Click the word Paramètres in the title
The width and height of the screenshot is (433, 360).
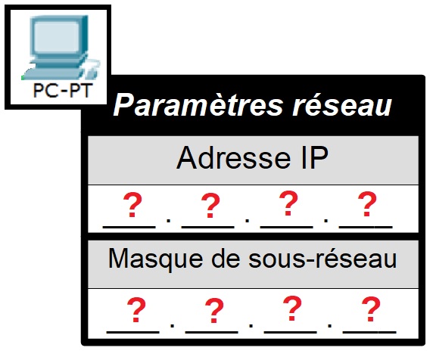click(198, 105)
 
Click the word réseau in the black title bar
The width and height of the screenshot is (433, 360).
click(342, 105)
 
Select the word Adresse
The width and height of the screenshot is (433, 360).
click(234, 158)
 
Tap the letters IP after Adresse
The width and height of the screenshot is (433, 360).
click(314, 157)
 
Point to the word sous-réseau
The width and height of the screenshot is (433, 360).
click(322, 258)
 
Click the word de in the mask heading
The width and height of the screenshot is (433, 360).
click(226, 258)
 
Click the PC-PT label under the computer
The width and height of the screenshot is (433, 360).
click(62, 90)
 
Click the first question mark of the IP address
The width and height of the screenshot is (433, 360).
click(132, 205)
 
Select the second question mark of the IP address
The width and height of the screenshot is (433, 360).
click(210, 205)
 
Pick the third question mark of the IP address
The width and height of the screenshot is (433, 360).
click(288, 203)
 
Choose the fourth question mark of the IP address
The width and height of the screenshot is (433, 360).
click(366, 204)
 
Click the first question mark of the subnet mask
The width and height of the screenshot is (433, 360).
click(136, 310)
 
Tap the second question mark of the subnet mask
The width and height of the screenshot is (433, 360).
click(214, 311)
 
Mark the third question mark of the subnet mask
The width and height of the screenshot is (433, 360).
click(292, 309)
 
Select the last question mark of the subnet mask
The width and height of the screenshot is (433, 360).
click(371, 309)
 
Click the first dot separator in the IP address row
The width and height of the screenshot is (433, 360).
click(169, 220)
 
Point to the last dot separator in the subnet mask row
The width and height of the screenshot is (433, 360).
click(330, 325)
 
